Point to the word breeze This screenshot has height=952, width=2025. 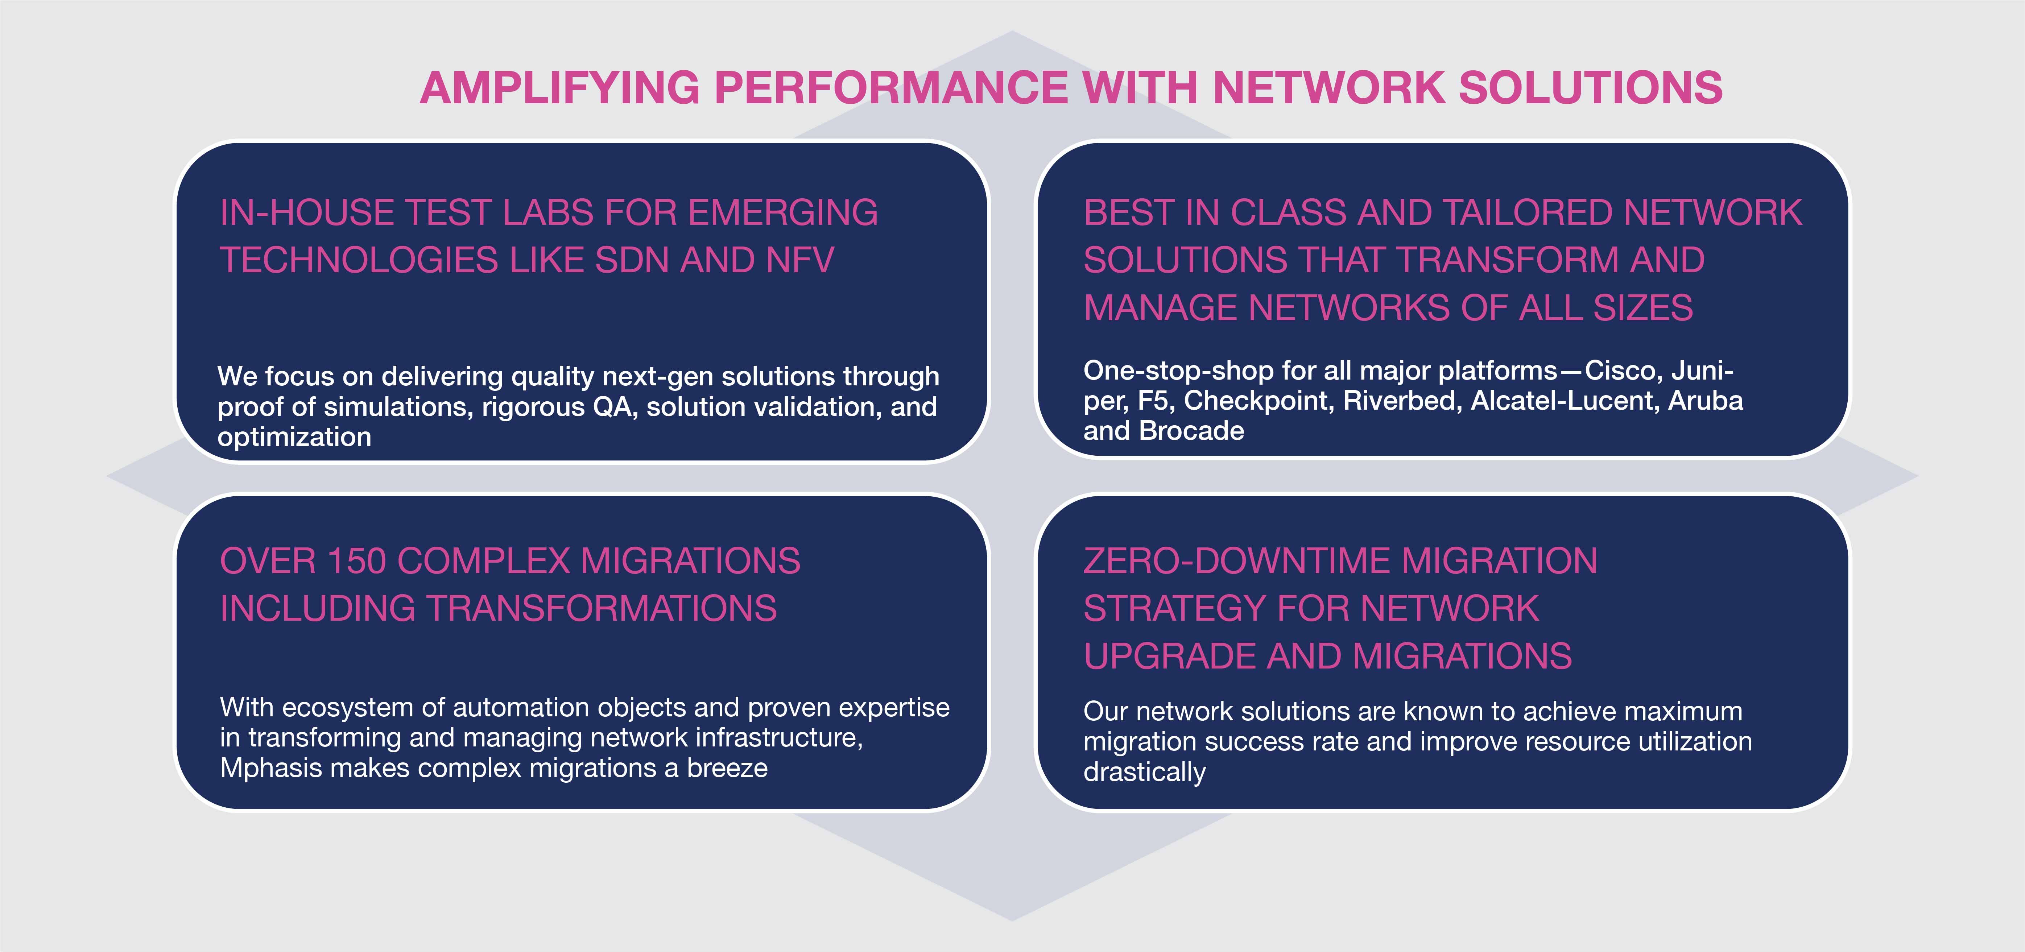tap(727, 768)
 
